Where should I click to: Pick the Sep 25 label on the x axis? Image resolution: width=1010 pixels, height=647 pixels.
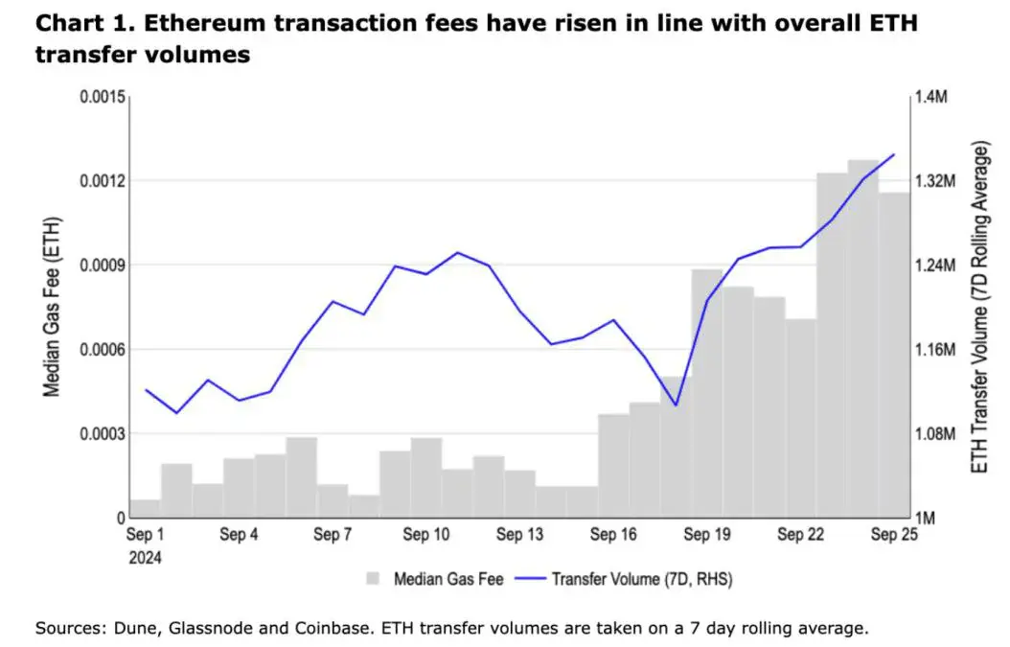point(893,535)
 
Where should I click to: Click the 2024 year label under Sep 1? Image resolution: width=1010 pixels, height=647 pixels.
point(145,557)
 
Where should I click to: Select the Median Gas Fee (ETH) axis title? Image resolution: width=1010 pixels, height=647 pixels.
point(52,307)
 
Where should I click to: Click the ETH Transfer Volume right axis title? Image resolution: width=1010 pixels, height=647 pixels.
point(979,307)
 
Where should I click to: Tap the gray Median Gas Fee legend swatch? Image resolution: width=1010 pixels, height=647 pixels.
point(375,579)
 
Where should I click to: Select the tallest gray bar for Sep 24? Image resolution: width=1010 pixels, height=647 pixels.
point(862,335)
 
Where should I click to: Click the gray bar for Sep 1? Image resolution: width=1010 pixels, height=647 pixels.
point(145,508)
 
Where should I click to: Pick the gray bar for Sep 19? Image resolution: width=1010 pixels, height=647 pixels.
point(706,393)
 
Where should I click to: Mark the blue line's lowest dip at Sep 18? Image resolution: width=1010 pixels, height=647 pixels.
point(676,404)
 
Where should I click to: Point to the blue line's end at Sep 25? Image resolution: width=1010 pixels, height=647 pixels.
point(894,154)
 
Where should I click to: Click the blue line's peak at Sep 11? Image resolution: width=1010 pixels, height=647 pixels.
point(457,253)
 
